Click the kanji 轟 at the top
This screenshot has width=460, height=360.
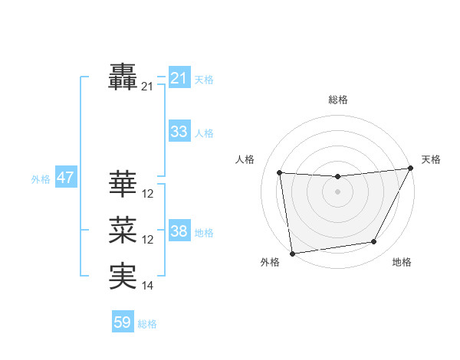123,77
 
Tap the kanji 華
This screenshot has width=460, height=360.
123,184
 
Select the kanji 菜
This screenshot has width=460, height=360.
123,230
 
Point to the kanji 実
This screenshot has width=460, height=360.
123,276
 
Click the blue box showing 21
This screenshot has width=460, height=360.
179,78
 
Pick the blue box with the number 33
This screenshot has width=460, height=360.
179,132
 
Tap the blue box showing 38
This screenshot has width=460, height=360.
179,231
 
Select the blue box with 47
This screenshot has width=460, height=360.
65,178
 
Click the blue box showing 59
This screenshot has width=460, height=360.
123,322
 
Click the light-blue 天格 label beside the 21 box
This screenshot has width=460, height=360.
204,80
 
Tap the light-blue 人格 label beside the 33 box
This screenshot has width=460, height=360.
204,133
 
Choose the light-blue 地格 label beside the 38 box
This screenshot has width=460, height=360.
204,233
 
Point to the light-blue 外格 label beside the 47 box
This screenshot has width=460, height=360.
41,180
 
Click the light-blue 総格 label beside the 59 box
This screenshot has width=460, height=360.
148,324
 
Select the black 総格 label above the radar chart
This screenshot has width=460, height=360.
337,100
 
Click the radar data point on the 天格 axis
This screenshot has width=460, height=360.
411,169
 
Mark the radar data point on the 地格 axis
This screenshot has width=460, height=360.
374,242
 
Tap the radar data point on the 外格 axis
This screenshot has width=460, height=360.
292,254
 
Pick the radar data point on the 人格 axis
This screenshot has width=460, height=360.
280,172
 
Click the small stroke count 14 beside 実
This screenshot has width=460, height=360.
148,286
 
